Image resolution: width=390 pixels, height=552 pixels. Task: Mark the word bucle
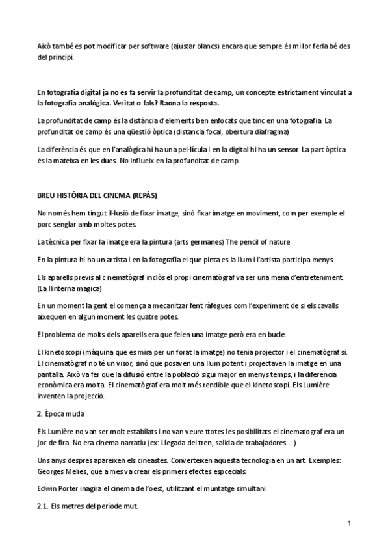(x=274, y=335)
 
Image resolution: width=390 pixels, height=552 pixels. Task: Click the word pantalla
(x=52, y=376)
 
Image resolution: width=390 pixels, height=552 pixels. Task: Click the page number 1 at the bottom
(x=349, y=523)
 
